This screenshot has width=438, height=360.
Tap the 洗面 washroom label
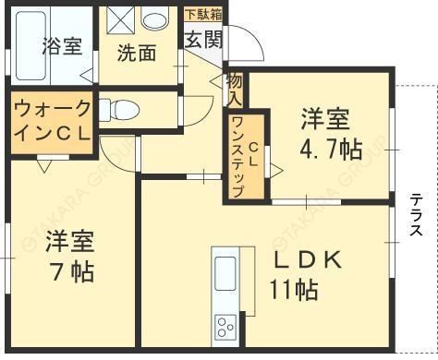(136, 53)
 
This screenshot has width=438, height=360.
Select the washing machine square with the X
(120, 20)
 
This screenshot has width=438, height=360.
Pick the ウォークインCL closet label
(52, 119)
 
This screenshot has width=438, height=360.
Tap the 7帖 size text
(72, 272)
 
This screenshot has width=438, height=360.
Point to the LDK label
(308, 260)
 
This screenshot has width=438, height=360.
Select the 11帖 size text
(294, 290)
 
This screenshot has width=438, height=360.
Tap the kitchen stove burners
(226, 326)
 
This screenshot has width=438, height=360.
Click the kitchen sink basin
(226, 275)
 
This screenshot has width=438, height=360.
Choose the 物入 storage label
(235, 88)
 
